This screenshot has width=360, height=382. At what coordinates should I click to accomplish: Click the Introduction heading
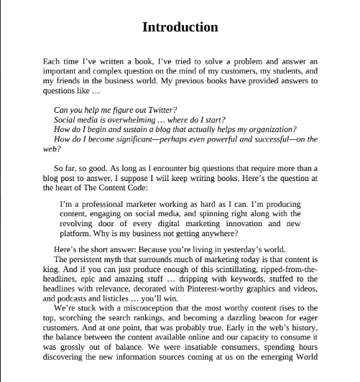pos(180,27)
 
